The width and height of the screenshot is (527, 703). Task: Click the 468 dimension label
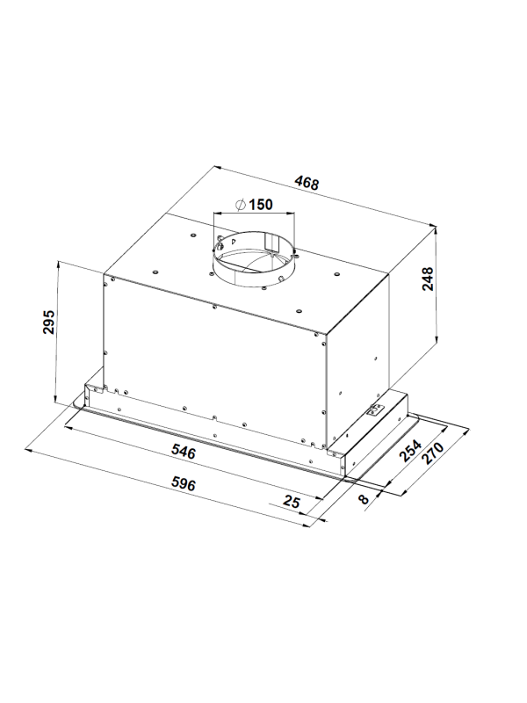pyautogui.click(x=307, y=183)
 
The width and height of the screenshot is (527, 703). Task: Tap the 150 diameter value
pyautogui.click(x=260, y=205)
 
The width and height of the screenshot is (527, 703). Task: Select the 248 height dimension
pyautogui.click(x=428, y=279)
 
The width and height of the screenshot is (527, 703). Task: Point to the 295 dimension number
pyautogui.click(x=48, y=322)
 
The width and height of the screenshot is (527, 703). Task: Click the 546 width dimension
pyautogui.click(x=184, y=452)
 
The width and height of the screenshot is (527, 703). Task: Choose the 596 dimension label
pyautogui.click(x=184, y=484)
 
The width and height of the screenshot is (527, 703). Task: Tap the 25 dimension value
pyautogui.click(x=292, y=501)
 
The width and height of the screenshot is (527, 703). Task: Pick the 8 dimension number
pyautogui.click(x=364, y=498)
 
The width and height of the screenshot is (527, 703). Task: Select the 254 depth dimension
pyautogui.click(x=410, y=451)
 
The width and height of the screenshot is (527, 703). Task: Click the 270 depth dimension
pyautogui.click(x=432, y=453)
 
